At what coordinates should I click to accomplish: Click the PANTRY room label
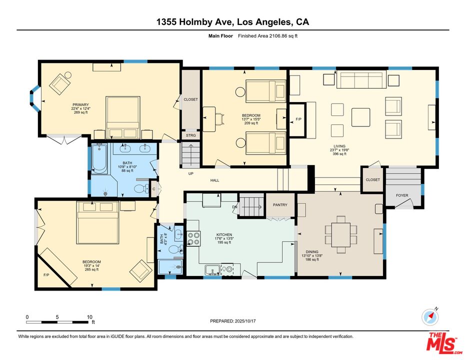pos(280,205)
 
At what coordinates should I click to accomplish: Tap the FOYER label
pos(402,195)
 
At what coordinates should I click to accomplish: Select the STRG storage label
pos(191,135)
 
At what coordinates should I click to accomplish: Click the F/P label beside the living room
pos(298,119)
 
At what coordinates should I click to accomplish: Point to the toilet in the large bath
pos(141,188)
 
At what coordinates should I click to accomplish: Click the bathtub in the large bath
pos(99,158)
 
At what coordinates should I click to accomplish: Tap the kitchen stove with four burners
pos(194,238)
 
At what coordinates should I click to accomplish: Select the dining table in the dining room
pos(341,234)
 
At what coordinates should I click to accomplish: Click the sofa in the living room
pos(361,79)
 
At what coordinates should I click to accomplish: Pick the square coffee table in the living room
pos(361,117)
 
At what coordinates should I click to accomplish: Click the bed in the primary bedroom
pos(122,117)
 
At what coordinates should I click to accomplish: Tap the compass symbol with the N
pos(430,317)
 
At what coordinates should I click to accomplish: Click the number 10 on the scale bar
pos(89,317)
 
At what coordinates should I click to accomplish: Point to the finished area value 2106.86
pos(277,36)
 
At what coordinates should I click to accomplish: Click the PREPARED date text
pos(232,321)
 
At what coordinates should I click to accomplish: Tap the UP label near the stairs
pos(191,173)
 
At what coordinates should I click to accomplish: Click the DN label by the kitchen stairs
pos(234,207)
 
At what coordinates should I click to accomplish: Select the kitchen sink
pos(212,270)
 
